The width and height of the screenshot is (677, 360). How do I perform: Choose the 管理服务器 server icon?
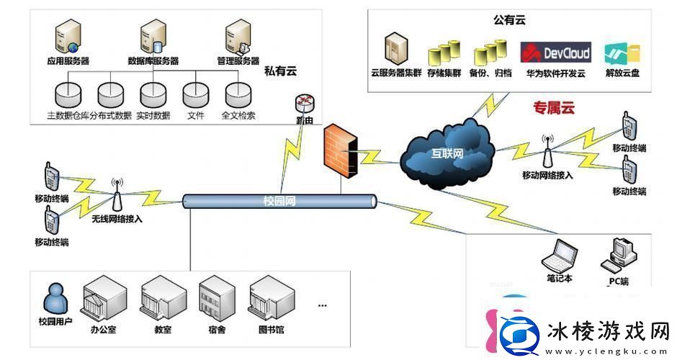click(237, 35)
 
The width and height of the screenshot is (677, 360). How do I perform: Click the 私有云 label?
click(280, 71)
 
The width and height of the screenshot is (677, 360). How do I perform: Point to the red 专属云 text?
click(554, 109)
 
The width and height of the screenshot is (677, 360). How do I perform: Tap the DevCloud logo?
click(555, 53)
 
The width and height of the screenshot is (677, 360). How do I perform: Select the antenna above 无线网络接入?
click(117, 193)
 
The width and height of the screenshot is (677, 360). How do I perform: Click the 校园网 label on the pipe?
click(279, 201)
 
